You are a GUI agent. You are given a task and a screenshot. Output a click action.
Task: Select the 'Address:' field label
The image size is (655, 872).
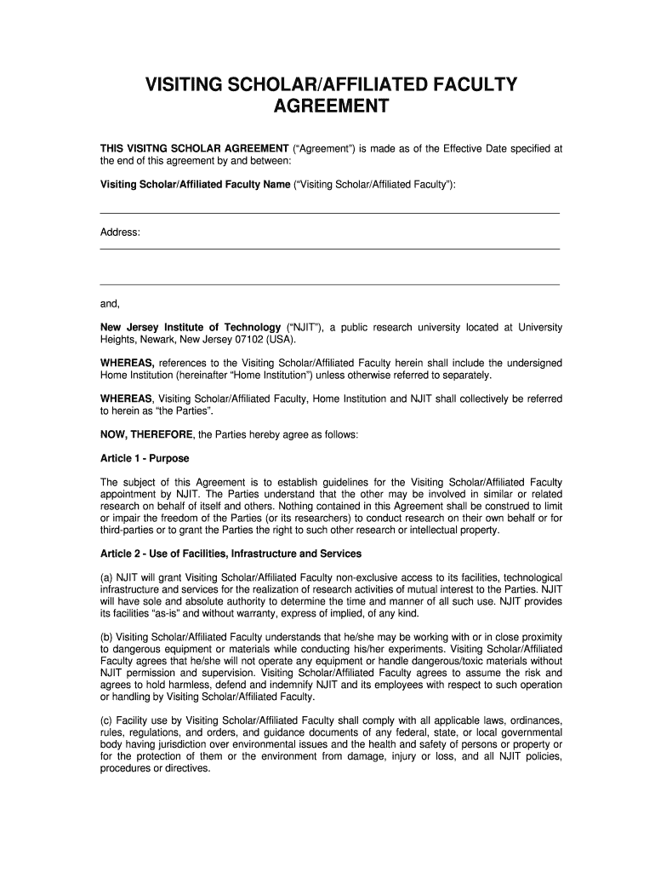click(x=120, y=232)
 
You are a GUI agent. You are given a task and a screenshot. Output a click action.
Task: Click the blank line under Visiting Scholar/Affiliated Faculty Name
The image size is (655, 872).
click(x=330, y=212)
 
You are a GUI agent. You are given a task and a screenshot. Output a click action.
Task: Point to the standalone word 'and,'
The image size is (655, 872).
click(x=111, y=303)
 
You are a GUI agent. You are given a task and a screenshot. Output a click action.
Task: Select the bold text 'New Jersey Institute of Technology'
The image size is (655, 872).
click(x=191, y=327)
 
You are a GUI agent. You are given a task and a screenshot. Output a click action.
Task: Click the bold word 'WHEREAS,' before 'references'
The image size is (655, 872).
click(x=128, y=363)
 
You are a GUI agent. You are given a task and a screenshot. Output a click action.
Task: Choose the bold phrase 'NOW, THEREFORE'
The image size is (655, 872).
click(x=146, y=434)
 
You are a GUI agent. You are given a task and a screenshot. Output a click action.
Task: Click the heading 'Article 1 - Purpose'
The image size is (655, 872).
click(x=145, y=458)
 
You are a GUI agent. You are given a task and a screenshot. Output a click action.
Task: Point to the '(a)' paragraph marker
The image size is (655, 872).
click(x=107, y=577)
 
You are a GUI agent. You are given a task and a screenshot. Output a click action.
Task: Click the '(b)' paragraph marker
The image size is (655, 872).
click(x=107, y=637)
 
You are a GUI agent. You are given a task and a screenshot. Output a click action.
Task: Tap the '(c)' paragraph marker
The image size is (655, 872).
click(x=107, y=720)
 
